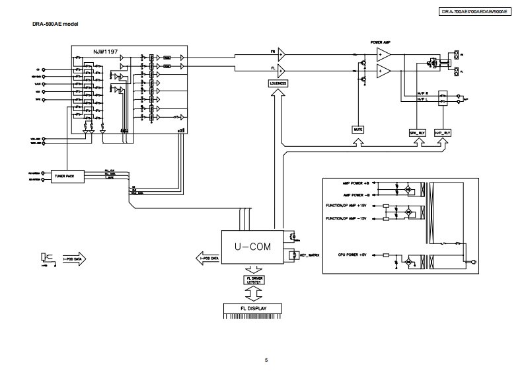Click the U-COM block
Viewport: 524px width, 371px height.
(250, 247)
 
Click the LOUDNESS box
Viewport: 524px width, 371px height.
(278, 83)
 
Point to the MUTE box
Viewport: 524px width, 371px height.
(359, 130)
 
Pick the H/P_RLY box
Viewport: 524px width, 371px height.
(442, 132)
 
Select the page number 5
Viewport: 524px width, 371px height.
(266, 360)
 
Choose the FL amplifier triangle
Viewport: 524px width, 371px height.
(281, 69)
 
